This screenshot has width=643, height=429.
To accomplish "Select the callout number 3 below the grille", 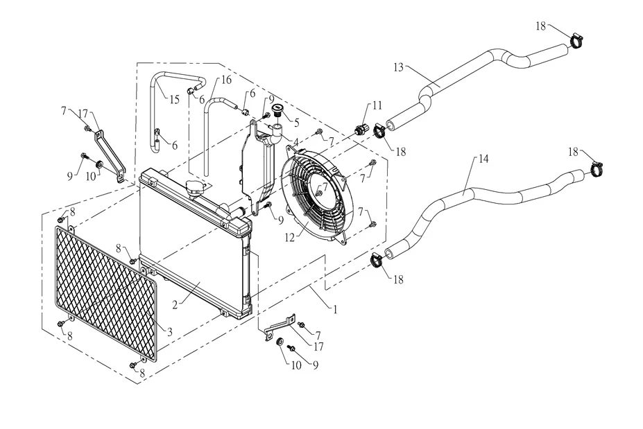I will point(169,331).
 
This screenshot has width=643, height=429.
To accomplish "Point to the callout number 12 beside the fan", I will point(291,238).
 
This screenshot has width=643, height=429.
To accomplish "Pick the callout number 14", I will point(483,159).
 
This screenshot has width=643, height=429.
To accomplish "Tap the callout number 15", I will point(174,99).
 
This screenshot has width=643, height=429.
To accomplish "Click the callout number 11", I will point(377,105).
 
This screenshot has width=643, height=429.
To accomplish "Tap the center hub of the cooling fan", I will point(321,189).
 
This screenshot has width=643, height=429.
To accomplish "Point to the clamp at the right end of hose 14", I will point(598,169).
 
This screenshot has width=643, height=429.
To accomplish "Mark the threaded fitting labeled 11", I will point(360,129).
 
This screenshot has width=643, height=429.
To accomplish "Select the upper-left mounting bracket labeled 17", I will point(110,152).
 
